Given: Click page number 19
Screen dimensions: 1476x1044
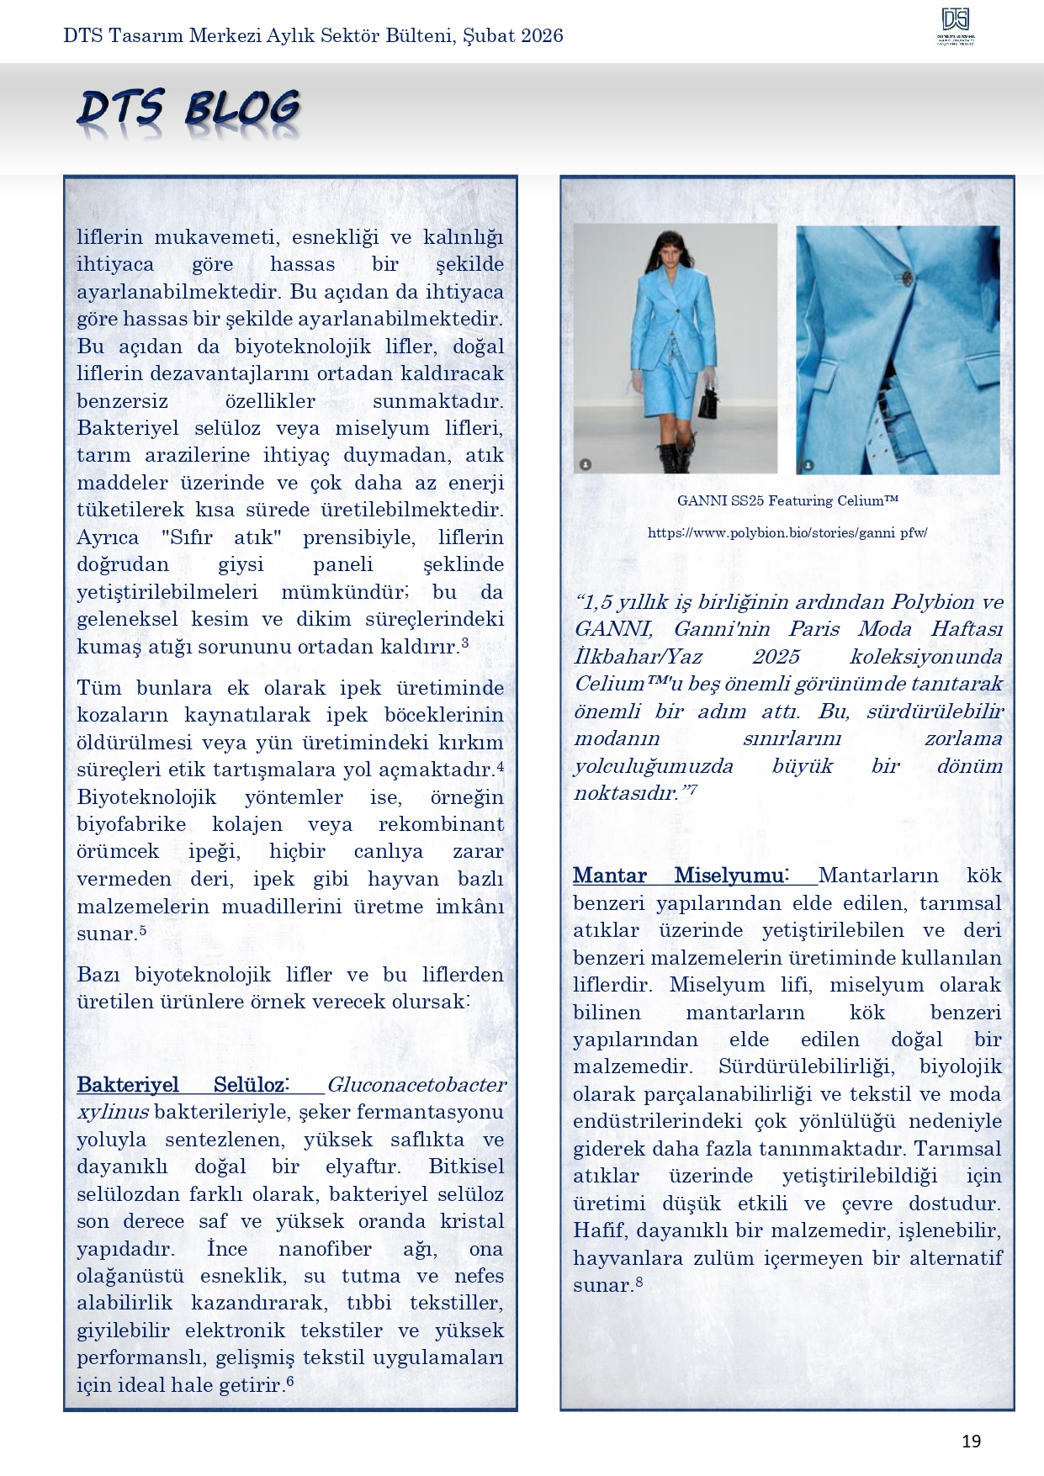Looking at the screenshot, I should [971, 1442].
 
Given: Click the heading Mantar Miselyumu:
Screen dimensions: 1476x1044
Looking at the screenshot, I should [680, 875].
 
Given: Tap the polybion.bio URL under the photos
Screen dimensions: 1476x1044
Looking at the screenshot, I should [787, 532].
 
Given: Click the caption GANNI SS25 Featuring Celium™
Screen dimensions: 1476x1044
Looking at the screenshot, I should [787, 500].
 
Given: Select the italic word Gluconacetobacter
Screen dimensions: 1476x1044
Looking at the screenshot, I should [416, 1084].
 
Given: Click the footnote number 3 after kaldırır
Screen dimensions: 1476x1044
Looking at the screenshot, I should [464, 643].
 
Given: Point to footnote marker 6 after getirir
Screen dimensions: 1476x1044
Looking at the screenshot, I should [290, 1380].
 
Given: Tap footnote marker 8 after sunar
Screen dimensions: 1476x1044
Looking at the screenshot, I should [639, 1282].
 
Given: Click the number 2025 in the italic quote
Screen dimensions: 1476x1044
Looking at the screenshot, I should [776, 656].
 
